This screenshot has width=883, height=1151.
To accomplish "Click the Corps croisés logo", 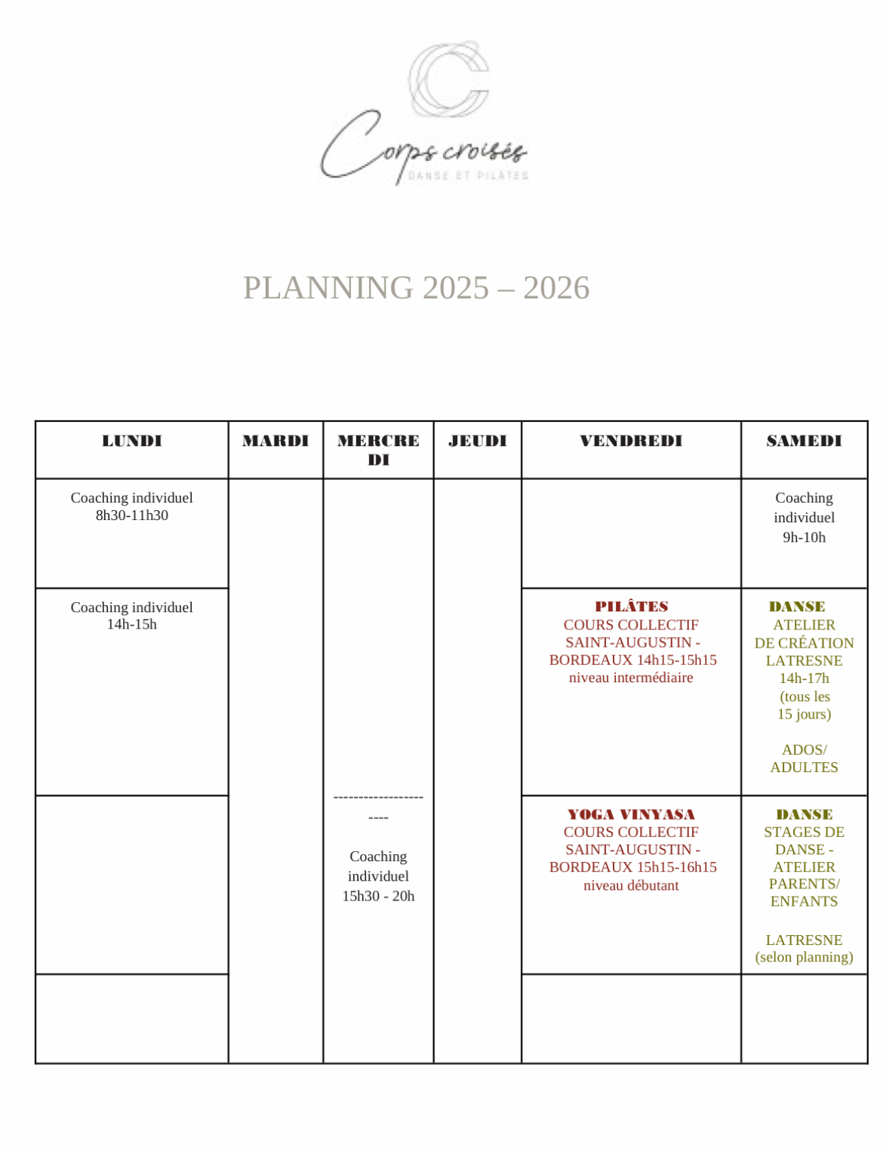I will tap(425, 113).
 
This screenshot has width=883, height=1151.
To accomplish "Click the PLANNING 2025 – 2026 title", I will tap(416, 288).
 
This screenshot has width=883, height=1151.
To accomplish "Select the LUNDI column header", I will tap(132, 441).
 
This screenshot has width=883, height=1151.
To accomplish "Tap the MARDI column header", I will tap(275, 441).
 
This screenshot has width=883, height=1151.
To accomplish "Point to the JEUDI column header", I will tap(477, 441).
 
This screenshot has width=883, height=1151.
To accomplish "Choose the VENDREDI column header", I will tap(631, 441).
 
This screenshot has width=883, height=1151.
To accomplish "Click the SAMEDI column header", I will tap(804, 441).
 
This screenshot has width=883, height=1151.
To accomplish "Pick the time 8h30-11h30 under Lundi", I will tap(132, 515).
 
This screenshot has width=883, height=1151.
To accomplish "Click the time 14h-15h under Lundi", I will tap(132, 624).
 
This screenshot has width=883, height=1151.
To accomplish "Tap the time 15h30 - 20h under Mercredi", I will tap(378, 896).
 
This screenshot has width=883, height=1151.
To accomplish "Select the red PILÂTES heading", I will tap(631, 607).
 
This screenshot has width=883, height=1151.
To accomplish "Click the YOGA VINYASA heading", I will tap(631, 814).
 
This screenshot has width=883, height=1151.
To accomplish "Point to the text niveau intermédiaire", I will tap(631, 678).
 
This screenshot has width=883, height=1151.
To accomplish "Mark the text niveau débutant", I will tap(631, 885).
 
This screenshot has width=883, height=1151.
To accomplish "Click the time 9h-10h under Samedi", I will tap(804, 537).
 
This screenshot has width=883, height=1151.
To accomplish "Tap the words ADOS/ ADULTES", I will tap(804, 759).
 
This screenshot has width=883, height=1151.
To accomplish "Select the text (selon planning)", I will tap(804, 957).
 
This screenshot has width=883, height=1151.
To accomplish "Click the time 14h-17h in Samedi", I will tap(804, 679).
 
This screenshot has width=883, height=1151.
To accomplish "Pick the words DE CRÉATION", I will tap(804, 643).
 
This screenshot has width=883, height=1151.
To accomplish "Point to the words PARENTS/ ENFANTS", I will tap(804, 892).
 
